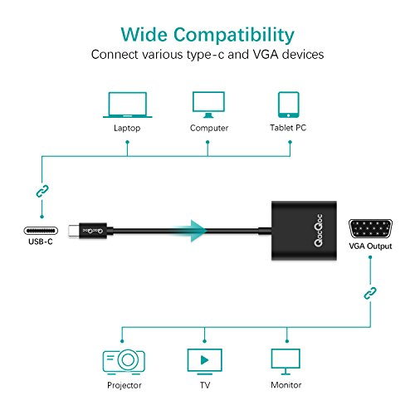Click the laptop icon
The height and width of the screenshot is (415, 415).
[x=128, y=105]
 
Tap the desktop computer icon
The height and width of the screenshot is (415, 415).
[x=208, y=105]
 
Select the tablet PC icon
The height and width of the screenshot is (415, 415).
[x=289, y=105]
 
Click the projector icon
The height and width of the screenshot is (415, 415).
[x=124, y=362]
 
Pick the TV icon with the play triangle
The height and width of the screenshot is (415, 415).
[x=205, y=362]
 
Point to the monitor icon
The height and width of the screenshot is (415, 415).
[x=286, y=362]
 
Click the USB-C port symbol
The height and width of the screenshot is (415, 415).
[x=41, y=231]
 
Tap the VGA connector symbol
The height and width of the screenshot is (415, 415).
[x=370, y=229]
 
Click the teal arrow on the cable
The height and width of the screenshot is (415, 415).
[x=191, y=231]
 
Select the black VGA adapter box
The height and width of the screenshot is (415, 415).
[x=304, y=231]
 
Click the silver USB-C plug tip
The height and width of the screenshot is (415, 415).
[x=74, y=231]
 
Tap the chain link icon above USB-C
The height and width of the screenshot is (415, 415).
[x=42, y=191]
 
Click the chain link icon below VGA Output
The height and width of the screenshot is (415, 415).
[x=370, y=293]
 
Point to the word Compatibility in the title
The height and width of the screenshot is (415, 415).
[x=234, y=35]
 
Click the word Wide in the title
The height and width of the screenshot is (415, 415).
[x=144, y=34]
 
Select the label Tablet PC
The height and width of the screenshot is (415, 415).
[x=288, y=128]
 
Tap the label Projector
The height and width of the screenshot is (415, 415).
[x=124, y=385]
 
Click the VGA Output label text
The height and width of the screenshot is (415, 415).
[x=370, y=246]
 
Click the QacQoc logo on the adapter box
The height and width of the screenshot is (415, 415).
[x=318, y=231]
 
